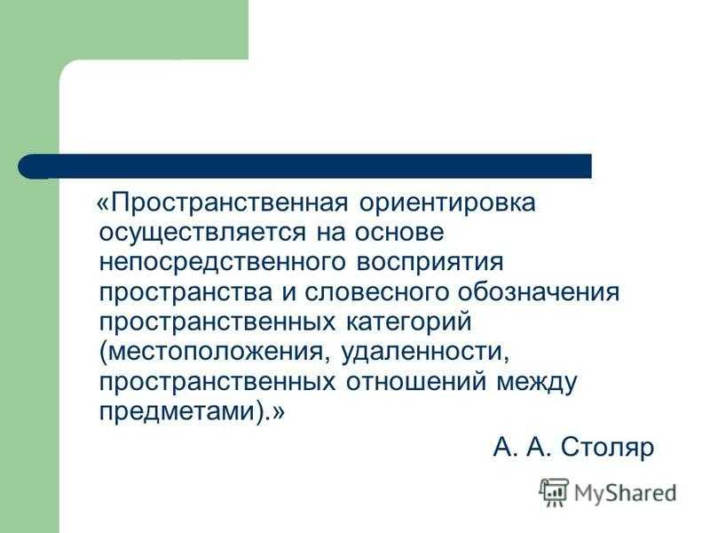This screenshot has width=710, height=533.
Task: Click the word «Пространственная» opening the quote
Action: click(x=223, y=203)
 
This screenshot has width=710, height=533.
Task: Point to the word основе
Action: click(x=398, y=233)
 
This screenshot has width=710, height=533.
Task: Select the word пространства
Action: click(x=185, y=293)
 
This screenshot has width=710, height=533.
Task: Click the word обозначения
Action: click(x=538, y=292)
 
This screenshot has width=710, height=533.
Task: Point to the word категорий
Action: click(x=408, y=322)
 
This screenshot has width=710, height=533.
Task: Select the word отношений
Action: click(x=415, y=382)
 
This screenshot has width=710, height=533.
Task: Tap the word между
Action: click(x=537, y=383)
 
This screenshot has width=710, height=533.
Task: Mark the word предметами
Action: click(x=177, y=412)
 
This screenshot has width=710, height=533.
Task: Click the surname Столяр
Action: click(x=607, y=448)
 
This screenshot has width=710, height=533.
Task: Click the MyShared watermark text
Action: click(x=626, y=493)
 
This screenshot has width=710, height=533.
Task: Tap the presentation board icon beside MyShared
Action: click(x=554, y=492)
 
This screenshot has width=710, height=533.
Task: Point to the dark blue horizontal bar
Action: click(x=304, y=166)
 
